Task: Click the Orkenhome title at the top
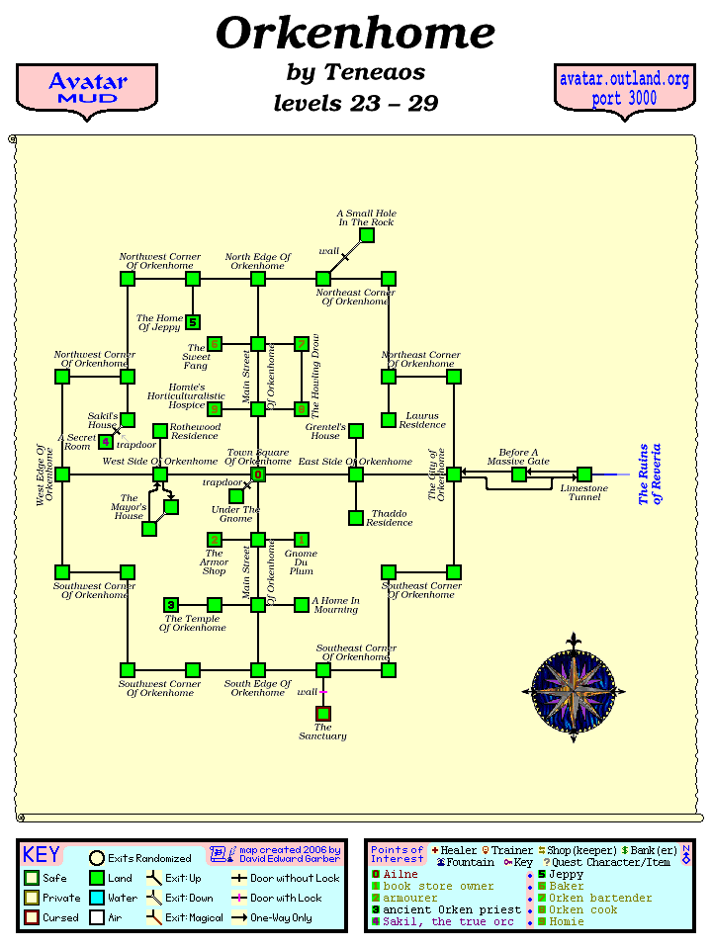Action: pyautogui.click(x=355, y=34)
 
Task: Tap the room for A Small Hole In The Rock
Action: pyautogui.click(x=367, y=235)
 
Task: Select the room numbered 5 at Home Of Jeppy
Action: pyautogui.click(x=193, y=322)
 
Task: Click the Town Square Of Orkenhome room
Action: pyautogui.click(x=258, y=474)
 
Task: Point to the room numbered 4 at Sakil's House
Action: pyautogui.click(x=106, y=442)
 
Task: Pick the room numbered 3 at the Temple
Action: pyautogui.click(x=171, y=605)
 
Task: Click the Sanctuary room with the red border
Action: pyautogui.click(x=323, y=714)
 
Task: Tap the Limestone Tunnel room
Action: pyautogui.click(x=584, y=474)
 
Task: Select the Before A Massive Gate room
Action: pyautogui.click(x=519, y=474)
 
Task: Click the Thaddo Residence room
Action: pyautogui.click(x=356, y=518)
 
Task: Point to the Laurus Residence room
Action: pyautogui.click(x=389, y=419)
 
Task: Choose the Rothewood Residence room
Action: pyautogui.click(x=160, y=431)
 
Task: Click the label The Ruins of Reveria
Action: pyautogui.click(x=650, y=474)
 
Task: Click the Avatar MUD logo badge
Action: pyautogui.click(x=87, y=89)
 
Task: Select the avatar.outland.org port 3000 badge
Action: pyautogui.click(x=624, y=89)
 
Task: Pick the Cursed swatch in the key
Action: pyautogui.click(x=32, y=917)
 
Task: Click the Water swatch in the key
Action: pyautogui.click(x=97, y=898)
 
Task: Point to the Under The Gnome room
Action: pyautogui.click(x=236, y=496)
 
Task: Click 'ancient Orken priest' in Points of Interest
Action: pyautogui.click(x=451, y=909)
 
